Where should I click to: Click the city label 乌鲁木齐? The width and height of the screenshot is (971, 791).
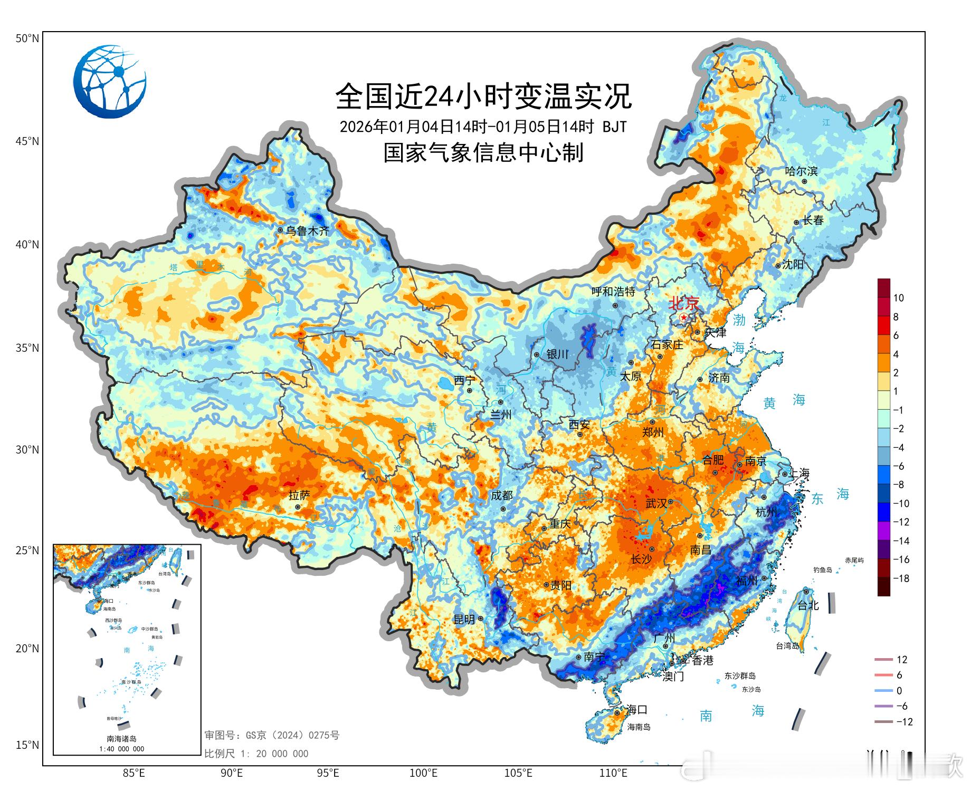coord(308,230)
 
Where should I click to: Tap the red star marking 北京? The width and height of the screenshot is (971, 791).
coord(684,317)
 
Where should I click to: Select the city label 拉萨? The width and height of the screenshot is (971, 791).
coord(299,495)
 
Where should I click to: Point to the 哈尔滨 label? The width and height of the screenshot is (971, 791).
coord(801,171)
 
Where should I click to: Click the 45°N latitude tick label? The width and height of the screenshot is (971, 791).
coord(26,141)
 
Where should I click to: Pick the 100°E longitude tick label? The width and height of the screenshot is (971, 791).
coord(423,773)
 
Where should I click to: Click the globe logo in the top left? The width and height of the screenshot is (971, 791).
coord(109,81)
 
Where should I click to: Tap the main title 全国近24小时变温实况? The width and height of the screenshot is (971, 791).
coord(483,96)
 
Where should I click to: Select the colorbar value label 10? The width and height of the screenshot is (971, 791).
coord(898,298)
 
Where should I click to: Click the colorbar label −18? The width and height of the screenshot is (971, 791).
coord(901,578)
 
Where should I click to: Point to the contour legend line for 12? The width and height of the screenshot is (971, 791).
coord(883,660)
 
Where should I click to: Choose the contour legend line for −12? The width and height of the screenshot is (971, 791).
coord(883,722)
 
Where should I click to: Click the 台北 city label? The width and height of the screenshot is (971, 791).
coord(808,606)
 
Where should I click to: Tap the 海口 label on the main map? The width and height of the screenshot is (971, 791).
coord(636,710)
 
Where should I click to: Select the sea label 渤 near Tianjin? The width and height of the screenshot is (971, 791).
coord(739,320)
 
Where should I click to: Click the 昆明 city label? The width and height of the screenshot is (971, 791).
coord(464,620)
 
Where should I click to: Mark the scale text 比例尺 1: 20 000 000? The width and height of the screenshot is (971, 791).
coord(256,754)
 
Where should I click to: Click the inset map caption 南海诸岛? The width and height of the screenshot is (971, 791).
coord(121,739)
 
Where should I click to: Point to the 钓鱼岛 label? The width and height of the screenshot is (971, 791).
coord(822,570)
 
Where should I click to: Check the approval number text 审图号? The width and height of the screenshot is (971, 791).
coord(272,735)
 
